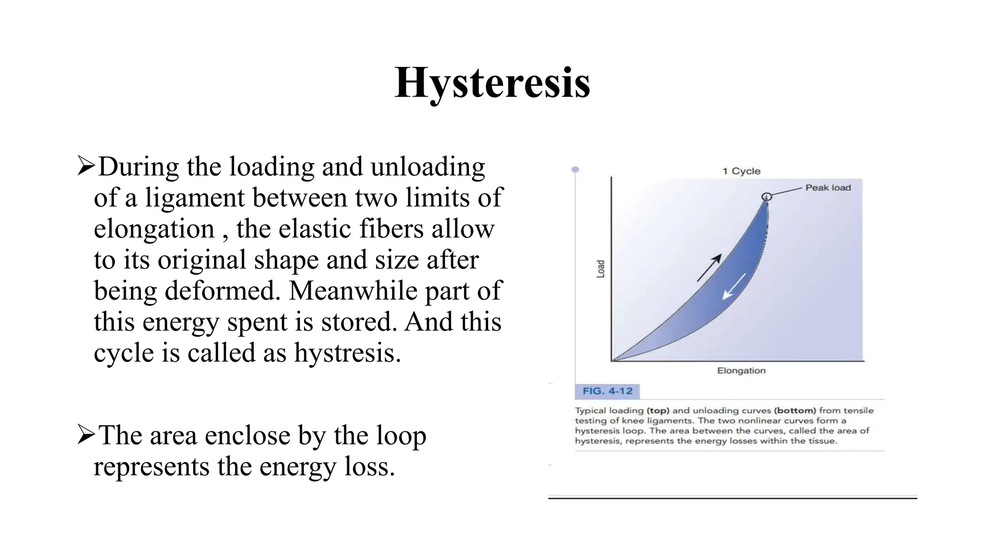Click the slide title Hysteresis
(492, 83)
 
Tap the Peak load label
(828, 188)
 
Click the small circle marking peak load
(767, 196)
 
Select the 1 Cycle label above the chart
(741, 171)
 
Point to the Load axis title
(600, 269)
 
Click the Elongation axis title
(741, 370)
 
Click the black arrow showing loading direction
(709, 267)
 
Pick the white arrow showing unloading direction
(734, 287)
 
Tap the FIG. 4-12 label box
(607, 391)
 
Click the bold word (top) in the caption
(658, 410)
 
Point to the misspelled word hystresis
(347, 353)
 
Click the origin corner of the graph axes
(612, 360)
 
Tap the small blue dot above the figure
(575, 170)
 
